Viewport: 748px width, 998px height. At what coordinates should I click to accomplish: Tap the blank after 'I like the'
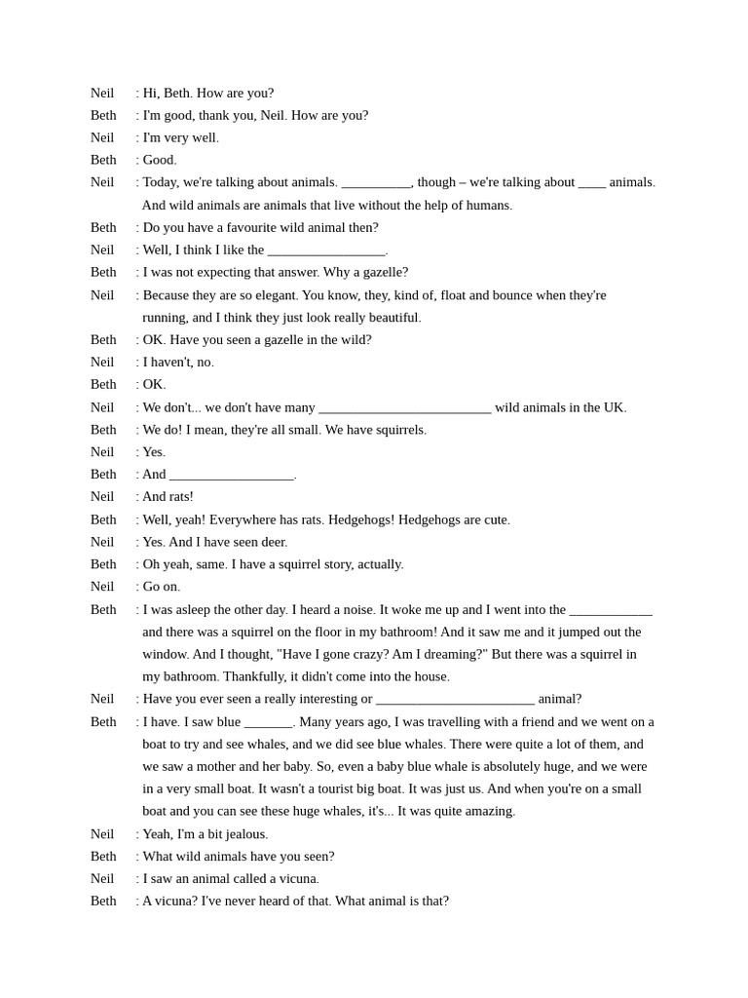click(x=326, y=250)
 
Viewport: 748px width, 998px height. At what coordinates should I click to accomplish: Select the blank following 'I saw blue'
click(x=268, y=722)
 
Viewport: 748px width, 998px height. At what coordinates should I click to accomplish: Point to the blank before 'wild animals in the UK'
click(x=404, y=408)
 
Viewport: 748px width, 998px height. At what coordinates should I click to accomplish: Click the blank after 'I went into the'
click(x=611, y=610)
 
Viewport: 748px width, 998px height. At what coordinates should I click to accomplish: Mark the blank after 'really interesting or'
click(x=455, y=700)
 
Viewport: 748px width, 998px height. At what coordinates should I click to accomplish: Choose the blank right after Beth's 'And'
click(x=232, y=476)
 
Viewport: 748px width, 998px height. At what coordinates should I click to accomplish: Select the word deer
click(x=273, y=542)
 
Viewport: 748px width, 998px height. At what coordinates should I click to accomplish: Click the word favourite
click(x=241, y=228)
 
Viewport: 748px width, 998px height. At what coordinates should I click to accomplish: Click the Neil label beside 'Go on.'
click(x=102, y=587)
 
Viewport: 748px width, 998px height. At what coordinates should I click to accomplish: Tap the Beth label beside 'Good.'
click(x=103, y=160)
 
